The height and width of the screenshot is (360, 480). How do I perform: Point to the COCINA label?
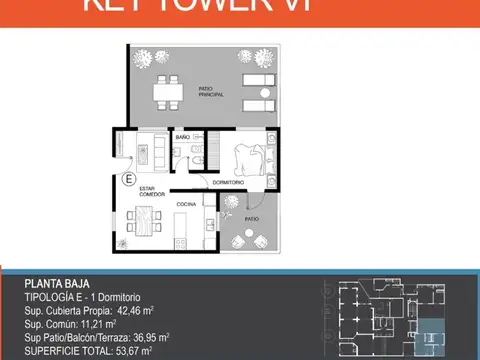pos(186,204)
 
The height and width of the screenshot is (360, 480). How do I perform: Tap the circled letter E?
pos(127,180)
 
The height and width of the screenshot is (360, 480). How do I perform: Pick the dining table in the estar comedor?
pos(146,220)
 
